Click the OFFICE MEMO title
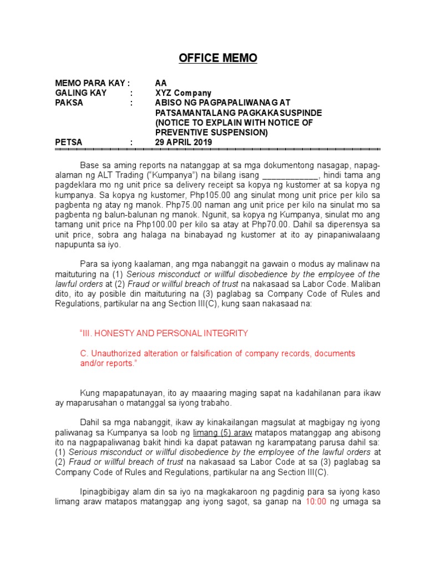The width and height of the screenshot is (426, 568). coord(218,58)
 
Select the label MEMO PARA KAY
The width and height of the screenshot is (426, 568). coord(92,83)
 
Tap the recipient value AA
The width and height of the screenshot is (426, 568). coord(161,83)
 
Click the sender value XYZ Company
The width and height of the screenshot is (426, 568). coord(183,93)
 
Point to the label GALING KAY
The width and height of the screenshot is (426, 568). coord(80,93)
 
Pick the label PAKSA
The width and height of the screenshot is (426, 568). coord(69,103)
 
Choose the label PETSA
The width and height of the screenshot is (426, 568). coord(68,143)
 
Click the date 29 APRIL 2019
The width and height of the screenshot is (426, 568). coord(183,143)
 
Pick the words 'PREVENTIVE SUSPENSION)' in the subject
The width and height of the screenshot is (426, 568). coord(211,133)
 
